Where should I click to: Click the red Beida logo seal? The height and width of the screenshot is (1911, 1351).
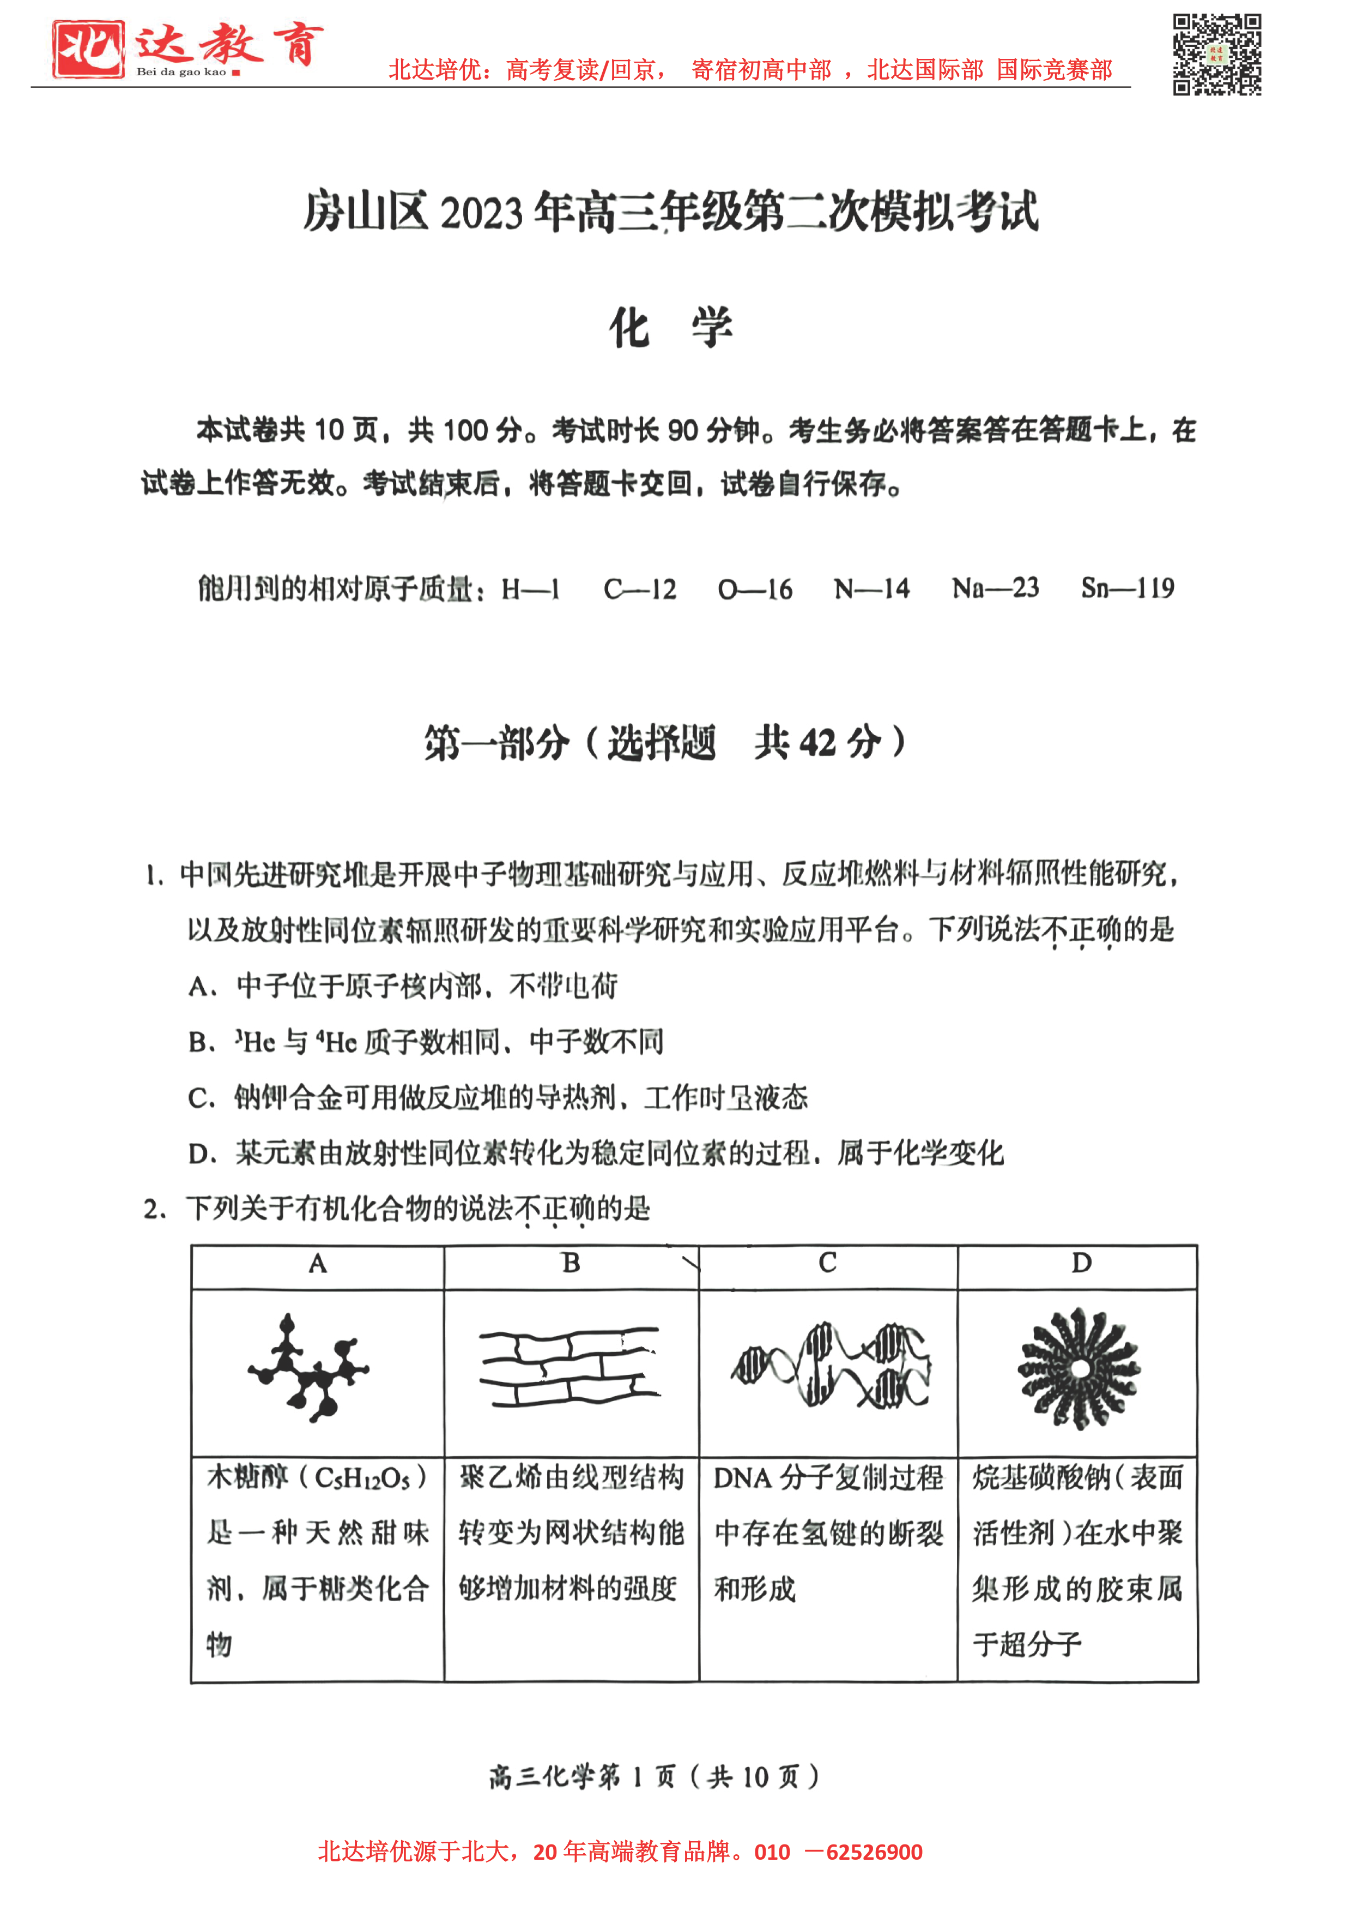[88, 49]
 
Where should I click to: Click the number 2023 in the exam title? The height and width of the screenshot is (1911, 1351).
[484, 213]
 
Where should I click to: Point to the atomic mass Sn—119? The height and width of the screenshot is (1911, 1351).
[1127, 588]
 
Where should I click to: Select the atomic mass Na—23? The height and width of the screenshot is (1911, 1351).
[995, 588]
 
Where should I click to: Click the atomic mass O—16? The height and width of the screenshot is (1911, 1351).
[755, 590]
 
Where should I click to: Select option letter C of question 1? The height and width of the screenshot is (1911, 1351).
[199, 1098]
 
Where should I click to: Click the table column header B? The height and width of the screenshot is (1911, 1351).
[571, 1264]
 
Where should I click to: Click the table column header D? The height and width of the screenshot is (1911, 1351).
[1081, 1264]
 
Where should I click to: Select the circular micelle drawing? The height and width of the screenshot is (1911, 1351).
[1079, 1368]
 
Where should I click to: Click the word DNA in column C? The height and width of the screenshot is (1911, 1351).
[743, 1478]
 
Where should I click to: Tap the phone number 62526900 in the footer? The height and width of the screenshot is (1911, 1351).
[874, 1853]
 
